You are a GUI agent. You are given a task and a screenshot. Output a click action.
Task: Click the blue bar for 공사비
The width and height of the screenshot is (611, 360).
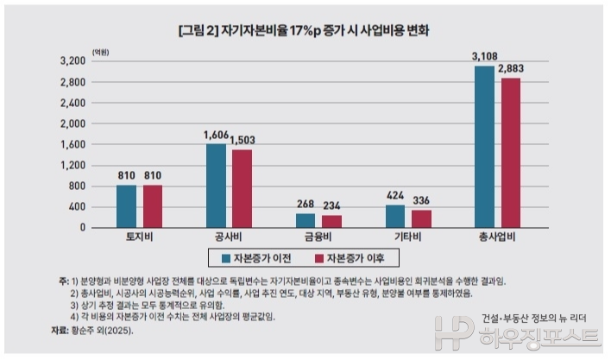pos(216,186)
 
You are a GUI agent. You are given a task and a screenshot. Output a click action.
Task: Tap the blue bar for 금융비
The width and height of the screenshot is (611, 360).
pos(305,220)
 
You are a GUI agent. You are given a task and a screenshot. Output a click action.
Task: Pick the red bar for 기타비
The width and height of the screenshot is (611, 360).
pos(422,218)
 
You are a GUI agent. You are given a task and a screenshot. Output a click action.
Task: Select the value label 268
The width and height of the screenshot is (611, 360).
pos(305,205)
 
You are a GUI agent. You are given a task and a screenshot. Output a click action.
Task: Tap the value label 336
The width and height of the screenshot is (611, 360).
pos(422,201)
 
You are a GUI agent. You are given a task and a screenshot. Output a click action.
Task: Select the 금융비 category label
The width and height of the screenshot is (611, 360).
pos(318,237)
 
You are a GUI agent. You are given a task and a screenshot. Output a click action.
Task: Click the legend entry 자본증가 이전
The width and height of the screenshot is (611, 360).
pos(258,258)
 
